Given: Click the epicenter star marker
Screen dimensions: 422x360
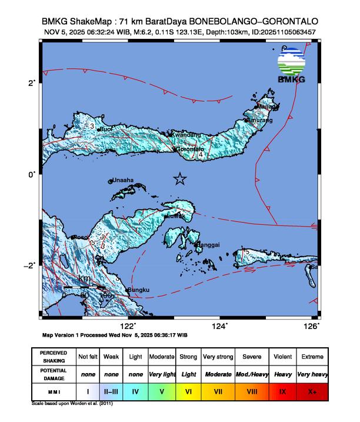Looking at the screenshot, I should click(x=180, y=179).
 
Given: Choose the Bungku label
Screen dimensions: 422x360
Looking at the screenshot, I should click(x=140, y=290).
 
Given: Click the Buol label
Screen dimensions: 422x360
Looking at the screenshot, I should click(x=106, y=129).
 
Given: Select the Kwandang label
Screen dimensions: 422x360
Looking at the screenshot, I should click(x=185, y=135).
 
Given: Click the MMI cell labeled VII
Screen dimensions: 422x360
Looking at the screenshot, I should click(x=217, y=391).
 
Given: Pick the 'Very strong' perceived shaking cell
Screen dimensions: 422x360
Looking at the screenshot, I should click(x=217, y=357).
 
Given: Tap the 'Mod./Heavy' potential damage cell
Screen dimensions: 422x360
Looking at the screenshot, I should click(x=252, y=374).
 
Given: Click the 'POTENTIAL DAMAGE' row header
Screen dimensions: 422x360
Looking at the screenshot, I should click(x=53, y=374).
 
